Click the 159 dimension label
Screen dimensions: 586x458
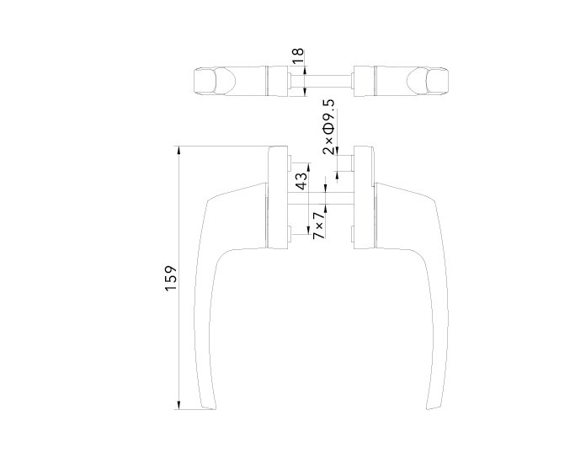click(170, 278)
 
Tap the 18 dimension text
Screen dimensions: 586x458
click(297, 56)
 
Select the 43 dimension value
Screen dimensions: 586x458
click(302, 180)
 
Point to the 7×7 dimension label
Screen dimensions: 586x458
click(318, 226)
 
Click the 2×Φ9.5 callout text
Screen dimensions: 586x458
click(329, 127)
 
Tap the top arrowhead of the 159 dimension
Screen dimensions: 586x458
click(179, 150)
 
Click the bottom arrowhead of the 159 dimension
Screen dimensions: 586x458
click(179, 405)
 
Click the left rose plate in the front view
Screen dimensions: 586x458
click(278, 197)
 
